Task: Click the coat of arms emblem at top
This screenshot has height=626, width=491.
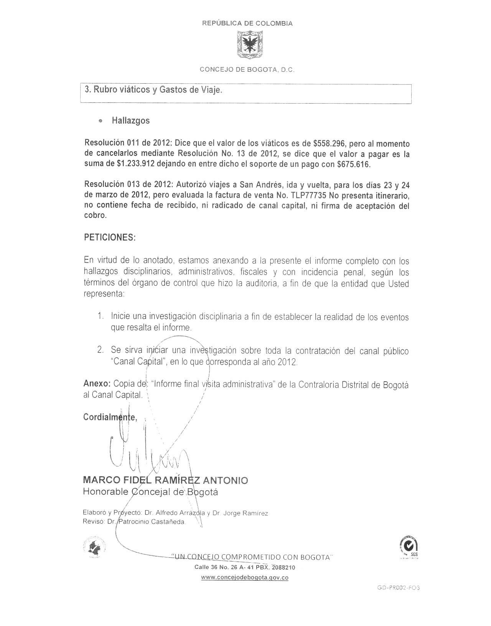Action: pyautogui.click(x=247, y=45)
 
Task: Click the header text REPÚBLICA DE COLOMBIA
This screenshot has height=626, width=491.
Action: pyautogui.click(x=247, y=23)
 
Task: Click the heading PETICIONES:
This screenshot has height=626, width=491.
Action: pyautogui.click(x=110, y=237)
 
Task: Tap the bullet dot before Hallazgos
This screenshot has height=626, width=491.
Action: pyautogui.click(x=101, y=121)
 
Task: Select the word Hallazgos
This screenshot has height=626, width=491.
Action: pyautogui.click(x=131, y=121)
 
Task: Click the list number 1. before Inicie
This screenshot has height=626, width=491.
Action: pyautogui.click(x=101, y=317)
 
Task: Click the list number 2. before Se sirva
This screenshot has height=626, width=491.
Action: pyautogui.click(x=101, y=350)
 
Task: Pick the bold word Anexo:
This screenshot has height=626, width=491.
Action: pyautogui.click(x=97, y=384)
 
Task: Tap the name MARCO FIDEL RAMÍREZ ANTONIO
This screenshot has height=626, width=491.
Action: pyautogui.click(x=165, y=480)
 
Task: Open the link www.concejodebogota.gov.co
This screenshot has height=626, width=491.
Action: pyautogui.click(x=244, y=578)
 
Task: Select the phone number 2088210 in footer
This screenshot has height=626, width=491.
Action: pyautogui.click(x=283, y=568)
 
